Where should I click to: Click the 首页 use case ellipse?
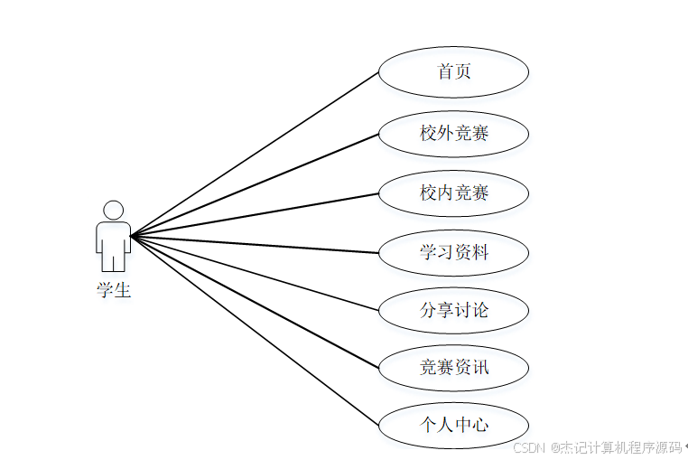453,71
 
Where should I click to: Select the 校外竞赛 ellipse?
453,134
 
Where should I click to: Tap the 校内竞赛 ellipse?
453,193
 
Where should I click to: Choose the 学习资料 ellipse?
453,252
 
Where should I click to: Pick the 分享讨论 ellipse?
453,310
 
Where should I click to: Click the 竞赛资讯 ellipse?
453,368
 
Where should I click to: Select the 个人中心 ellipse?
453,425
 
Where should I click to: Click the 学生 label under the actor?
114,291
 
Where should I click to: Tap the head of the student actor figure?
114,210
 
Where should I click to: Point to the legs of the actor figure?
114,259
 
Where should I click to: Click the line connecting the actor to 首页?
255,154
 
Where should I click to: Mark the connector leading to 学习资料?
255,244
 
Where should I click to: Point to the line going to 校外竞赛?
255,185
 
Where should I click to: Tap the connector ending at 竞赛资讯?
255,302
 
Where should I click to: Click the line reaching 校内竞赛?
255,215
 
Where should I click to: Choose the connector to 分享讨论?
255,273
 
